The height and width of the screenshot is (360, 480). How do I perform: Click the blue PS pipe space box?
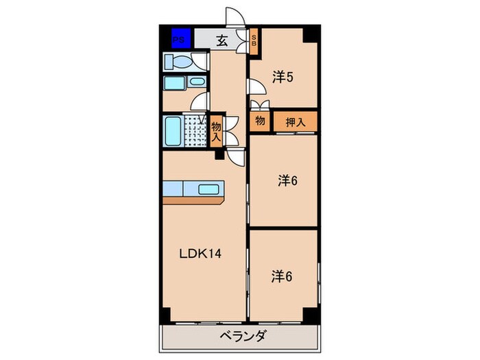(180, 39)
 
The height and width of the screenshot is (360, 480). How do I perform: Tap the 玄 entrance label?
(222, 40)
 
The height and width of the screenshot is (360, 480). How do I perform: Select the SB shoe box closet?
(253, 40)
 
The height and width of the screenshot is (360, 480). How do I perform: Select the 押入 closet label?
(295, 122)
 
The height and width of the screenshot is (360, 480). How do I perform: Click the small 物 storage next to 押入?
(260, 121)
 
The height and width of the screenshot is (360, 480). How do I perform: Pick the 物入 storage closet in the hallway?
(216, 130)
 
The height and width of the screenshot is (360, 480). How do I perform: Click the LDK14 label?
(200, 253)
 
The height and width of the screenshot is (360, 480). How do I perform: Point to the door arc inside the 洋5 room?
(254, 87)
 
